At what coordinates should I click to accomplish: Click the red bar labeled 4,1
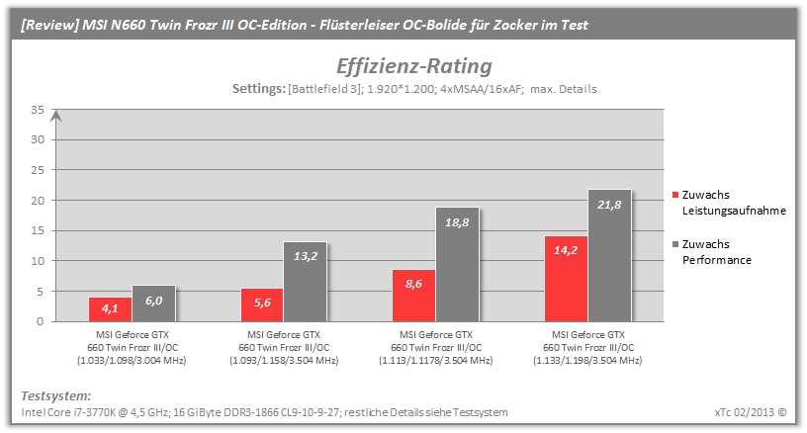[x=110, y=309]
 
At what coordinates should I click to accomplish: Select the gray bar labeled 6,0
[x=154, y=303]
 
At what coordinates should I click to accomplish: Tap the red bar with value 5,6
[x=262, y=304]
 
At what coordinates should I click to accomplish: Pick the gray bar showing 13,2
[x=306, y=282]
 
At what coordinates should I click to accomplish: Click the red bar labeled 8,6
[x=413, y=296]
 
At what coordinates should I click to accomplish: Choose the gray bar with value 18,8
[x=458, y=264]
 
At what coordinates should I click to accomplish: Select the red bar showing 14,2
[x=566, y=279]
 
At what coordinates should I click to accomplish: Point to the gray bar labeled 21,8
[x=609, y=256]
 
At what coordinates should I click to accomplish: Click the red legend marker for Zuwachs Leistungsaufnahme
[x=675, y=195]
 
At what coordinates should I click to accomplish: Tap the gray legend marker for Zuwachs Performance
[x=675, y=244]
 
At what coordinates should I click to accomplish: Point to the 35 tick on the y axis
[x=38, y=110]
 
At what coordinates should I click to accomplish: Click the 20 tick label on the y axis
[x=38, y=201]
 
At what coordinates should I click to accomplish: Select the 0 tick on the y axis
[x=41, y=321]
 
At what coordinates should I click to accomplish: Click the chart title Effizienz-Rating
[x=414, y=66]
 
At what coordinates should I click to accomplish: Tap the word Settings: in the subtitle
[x=259, y=89]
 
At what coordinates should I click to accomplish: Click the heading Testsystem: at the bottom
[x=56, y=396]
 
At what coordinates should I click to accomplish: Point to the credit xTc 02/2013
[x=745, y=412]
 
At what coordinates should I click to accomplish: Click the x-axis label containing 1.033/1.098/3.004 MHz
[x=133, y=348]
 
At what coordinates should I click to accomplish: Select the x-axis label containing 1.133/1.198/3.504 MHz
[x=587, y=348]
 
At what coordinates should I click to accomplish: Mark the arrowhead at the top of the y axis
[x=56, y=116]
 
